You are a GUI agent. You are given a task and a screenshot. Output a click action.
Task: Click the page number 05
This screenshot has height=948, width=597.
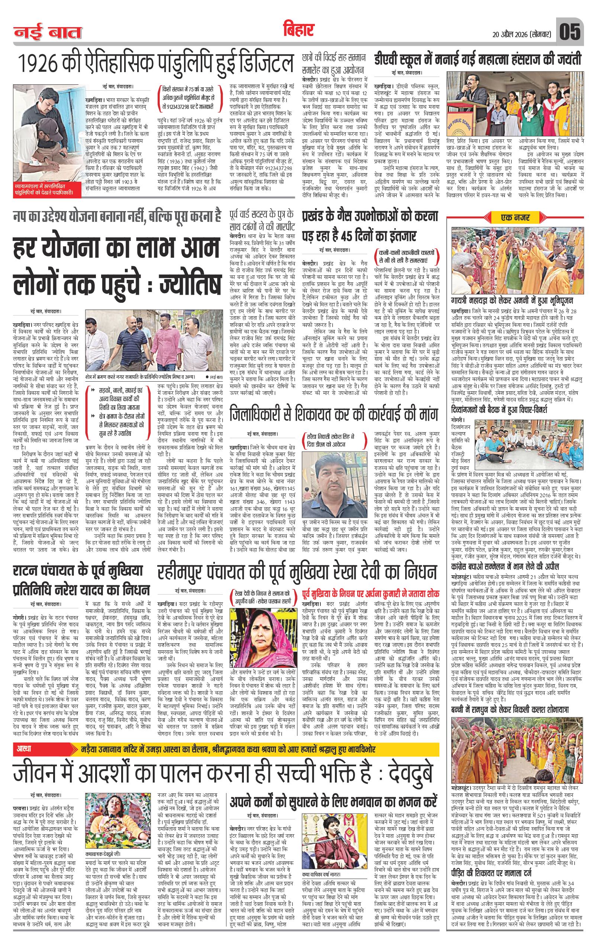coord(570,33)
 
